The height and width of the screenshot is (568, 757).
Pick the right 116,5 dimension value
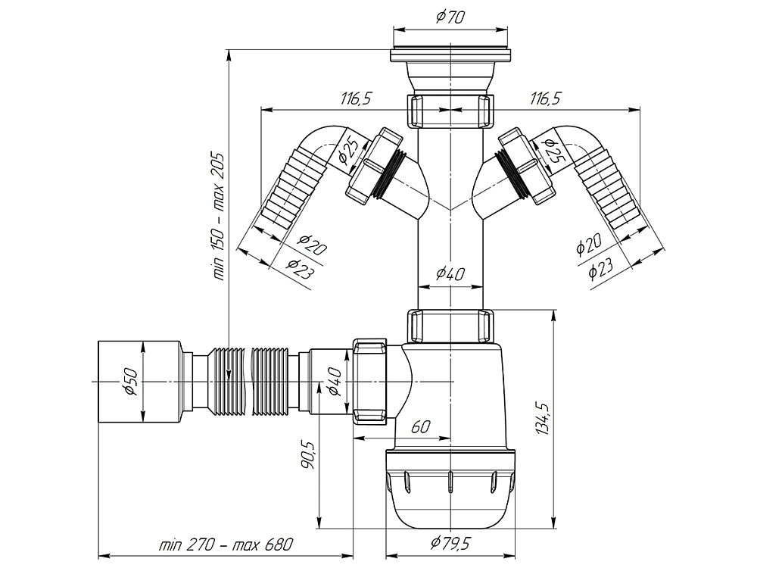click(x=550, y=98)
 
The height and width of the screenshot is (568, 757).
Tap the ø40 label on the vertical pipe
click(x=451, y=274)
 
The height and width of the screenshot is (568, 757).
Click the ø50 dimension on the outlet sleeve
click(x=129, y=382)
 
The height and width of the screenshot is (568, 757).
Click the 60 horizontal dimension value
click(x=421, y=427)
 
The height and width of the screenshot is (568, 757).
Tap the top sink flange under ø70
click(x=451, y=56)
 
